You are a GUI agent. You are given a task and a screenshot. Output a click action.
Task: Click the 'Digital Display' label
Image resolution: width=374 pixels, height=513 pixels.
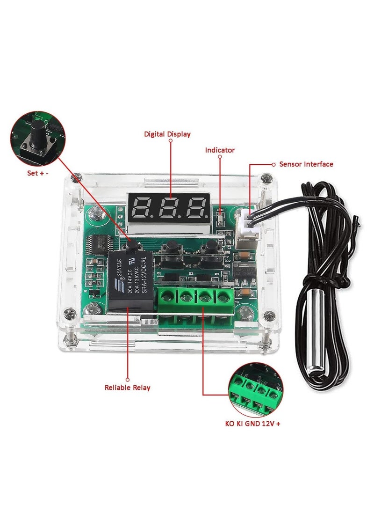tap(167, 134)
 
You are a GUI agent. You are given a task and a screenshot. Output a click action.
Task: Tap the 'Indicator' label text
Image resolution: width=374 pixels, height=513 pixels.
tap(220, 150)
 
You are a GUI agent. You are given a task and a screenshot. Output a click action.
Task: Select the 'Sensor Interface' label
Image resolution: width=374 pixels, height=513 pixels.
tap(306, 164)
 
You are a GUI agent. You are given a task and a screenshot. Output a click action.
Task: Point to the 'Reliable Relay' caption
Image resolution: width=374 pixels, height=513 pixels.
tap(128, 388)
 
